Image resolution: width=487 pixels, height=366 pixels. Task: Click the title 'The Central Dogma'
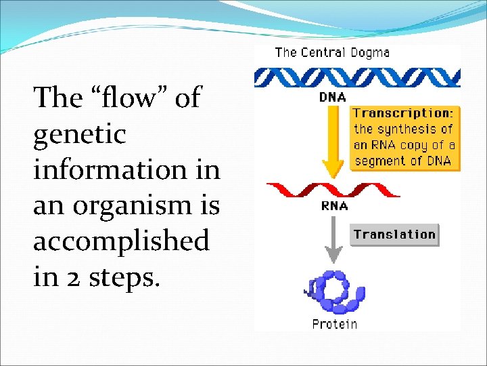click(332, 52)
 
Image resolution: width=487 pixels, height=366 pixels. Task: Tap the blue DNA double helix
click(356, 77)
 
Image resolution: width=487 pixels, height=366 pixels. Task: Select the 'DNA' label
click(332, 98)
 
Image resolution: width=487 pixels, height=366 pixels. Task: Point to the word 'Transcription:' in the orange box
click(403, 113)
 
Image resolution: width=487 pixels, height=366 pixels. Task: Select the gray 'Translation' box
click(395, 235)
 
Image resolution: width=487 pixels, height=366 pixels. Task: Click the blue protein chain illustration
click(335, 291)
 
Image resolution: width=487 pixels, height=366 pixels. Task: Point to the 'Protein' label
click(335, 324)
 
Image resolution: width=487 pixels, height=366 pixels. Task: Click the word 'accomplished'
click(121, 241)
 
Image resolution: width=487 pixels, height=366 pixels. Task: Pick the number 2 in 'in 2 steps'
click(70, 277)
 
